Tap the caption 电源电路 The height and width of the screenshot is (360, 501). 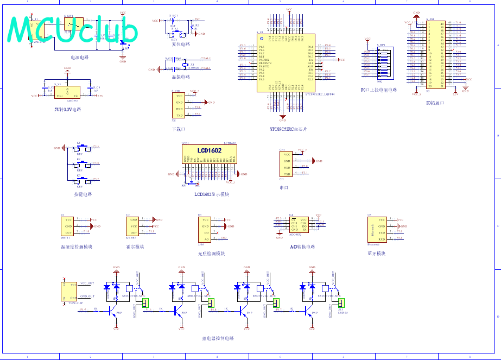(79, 57)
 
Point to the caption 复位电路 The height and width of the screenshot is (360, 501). (181, 45)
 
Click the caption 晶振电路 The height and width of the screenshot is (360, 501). (181, 77)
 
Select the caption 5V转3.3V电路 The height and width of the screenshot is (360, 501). (68, 109)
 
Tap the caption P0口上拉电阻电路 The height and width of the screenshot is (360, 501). (378, 90)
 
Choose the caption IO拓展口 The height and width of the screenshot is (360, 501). (435, 103)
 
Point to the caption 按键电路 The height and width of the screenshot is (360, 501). (83, 194)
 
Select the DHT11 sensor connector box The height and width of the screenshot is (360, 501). (68, 226)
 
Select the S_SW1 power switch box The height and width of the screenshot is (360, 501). (73, 25)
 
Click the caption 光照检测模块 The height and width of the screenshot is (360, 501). (212, 254)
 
